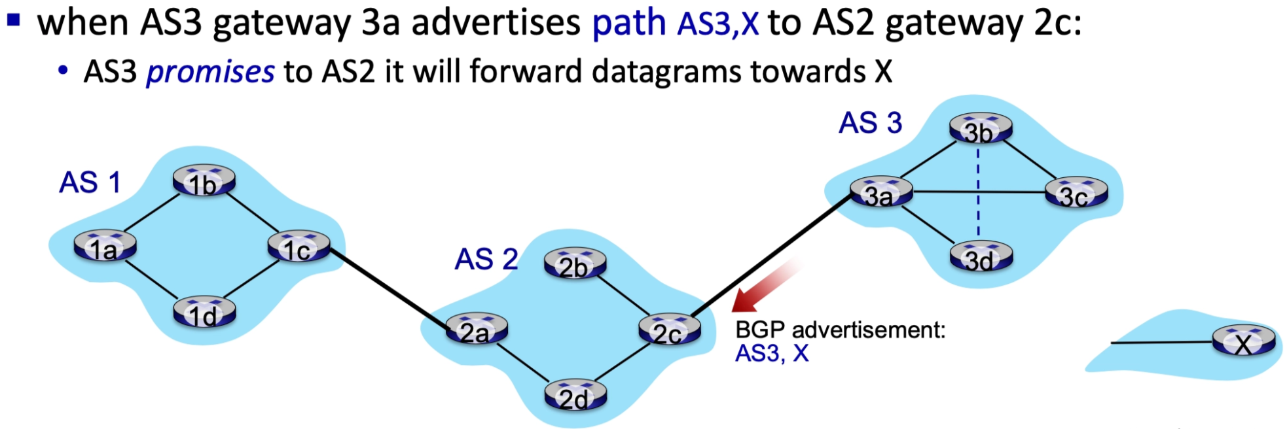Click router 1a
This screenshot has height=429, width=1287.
(x=105, y=246)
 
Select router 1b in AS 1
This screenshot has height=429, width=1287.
(x=204, y=181)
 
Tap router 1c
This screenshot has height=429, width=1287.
(x=299, y=247)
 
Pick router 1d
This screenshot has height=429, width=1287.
(x=204, y=313)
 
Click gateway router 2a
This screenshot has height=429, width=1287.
(x=476, y=330)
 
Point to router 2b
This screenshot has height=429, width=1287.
(x=575, y=264)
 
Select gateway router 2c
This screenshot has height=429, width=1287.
(x=669, y=330)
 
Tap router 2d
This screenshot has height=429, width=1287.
(x=575, y=396)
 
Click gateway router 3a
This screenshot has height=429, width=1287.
(x=880, y=192)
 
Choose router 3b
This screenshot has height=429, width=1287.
(x=980, y=129)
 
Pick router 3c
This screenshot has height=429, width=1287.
(x=1076, y=194)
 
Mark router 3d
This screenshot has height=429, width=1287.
(x=980, y=257)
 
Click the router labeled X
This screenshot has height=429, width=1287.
(x=1243, y=341)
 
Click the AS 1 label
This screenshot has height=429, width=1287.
(x=90, y=182)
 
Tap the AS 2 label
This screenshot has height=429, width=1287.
(x=486, y=259)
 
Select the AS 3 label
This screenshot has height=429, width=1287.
(x=870, y=123)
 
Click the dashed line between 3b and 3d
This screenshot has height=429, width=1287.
(x=978, y=193)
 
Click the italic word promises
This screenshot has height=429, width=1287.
(x=210, y=72)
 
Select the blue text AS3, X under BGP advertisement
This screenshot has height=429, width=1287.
(x=772, y=353)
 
